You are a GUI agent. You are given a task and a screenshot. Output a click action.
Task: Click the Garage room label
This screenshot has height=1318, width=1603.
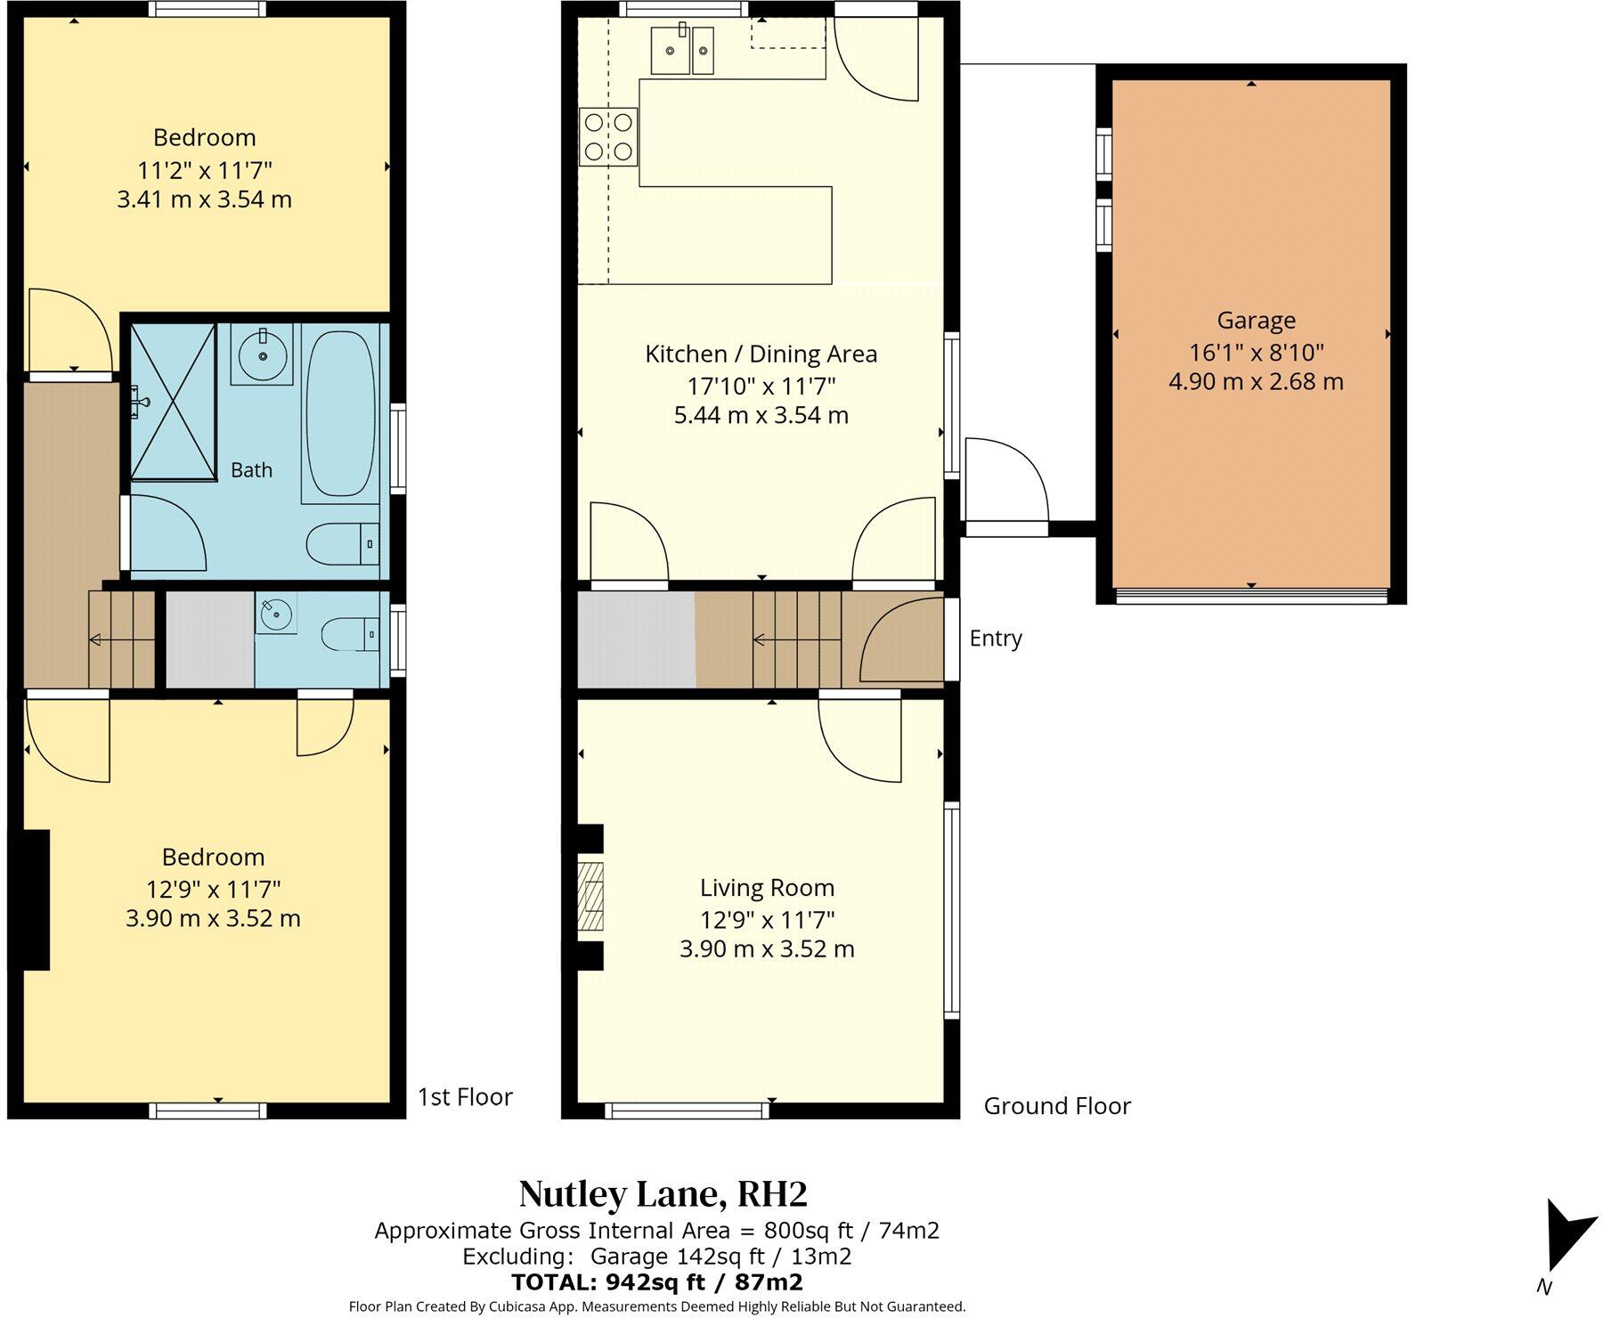[x=1256, y=321]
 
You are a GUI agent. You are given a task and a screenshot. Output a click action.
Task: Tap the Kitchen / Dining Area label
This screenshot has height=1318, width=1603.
[x=761, y=354]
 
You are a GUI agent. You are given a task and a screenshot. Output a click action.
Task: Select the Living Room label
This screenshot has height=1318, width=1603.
[x=767, y=888]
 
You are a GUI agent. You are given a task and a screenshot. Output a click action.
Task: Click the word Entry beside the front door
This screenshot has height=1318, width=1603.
[x=996, y=639]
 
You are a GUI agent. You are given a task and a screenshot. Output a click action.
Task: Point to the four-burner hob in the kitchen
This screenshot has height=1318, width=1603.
[x=608, y=136]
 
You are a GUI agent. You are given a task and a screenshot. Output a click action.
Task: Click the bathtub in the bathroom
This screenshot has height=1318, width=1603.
[x=340, y=414]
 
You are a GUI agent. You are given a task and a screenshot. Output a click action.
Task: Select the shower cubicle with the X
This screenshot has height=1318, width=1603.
[x=174, y=402]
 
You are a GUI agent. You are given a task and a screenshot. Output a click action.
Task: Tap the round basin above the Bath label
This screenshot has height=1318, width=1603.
[x=263, y=354]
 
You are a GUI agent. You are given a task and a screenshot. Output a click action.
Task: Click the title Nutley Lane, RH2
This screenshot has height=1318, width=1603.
[x=663, y=1194]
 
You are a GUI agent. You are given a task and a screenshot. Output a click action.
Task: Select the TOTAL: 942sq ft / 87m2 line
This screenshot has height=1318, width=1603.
[x=657, y=1282]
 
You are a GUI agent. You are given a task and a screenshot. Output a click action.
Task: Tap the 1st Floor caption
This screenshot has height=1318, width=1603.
[x=466, y=1097]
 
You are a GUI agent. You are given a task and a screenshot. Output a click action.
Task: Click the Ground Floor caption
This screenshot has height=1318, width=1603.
[x=1057, y=1106]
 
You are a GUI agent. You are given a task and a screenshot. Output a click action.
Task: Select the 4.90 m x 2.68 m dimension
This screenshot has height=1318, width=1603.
[x=1256, y=382]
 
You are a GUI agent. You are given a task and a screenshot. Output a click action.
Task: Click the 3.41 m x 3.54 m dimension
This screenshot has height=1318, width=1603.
[x=205, y=199]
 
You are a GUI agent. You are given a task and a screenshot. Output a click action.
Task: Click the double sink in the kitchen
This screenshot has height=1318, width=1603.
[x=683, y=51]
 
